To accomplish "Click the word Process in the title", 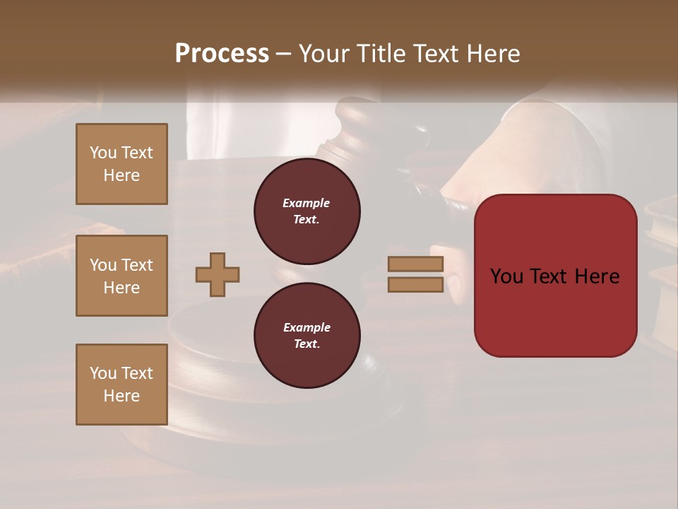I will click(x=222, y=54).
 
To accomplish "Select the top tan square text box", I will click(x=121, y=164).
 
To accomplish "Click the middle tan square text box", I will click(x=121, y=276).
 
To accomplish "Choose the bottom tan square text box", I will click(x=121, y=385).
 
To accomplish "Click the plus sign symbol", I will click(x=218, y=274).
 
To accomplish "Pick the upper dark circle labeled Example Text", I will click(x=307, y=211).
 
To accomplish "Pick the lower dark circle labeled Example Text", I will click(x=307, y=336).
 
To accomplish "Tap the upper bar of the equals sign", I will click(x=416, y=264).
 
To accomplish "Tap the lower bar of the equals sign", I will click(x=416, y=284).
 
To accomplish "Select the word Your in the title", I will click(x=323, y=54).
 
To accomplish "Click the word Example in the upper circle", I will click(x=307, y=203).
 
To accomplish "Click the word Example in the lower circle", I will click(x=307, y=327).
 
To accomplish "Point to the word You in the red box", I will click(x=506, y=276).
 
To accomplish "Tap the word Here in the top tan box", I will click(x=121, y=175).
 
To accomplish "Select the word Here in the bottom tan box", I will click(x=121, y=396).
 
